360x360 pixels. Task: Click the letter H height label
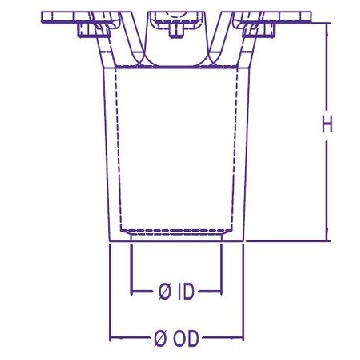tap(327, 126)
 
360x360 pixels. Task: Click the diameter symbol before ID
tap(165, 292)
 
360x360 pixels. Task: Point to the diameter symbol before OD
tap(160, 339)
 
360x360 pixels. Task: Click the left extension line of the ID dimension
tap(132, 270)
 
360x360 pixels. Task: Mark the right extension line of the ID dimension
tap(221, 270)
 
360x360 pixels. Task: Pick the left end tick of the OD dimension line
tap(110, 338)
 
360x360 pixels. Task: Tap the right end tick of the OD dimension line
tap(243, 338)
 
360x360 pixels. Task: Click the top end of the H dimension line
tap(327, 23)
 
